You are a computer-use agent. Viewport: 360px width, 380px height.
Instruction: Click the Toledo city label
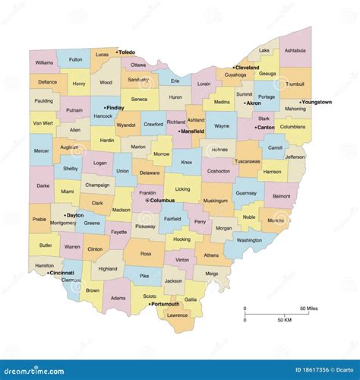coord(127,52)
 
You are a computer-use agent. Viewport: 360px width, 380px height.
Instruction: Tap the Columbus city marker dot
coord(147,200)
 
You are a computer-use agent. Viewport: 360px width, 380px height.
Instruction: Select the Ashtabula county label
coord(295,50)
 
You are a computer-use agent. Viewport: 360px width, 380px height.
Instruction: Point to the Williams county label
coord(44,62)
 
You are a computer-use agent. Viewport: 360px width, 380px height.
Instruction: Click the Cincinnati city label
coord(61,272)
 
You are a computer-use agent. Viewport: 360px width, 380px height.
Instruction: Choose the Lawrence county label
coord(177,315)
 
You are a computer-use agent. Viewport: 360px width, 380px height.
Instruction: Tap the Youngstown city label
coord(317,102)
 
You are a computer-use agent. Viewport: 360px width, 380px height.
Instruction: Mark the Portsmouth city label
coord(166,304)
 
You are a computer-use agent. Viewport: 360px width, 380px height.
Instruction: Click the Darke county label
coord(43,185)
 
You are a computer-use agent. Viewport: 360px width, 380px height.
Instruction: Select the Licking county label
coord(182,188)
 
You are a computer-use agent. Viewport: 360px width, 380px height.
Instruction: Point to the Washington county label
coord(248,240)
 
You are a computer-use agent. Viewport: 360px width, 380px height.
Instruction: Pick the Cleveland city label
coord(247,67)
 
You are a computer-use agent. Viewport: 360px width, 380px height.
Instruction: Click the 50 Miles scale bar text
coord(308,308)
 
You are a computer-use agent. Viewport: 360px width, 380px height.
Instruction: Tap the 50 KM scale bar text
coord(285,321)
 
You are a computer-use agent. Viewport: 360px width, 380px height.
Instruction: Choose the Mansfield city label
coord(196,131)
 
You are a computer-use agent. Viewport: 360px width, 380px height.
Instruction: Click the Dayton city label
coord(75,215)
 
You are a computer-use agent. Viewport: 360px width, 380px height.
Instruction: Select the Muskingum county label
coord(215,201)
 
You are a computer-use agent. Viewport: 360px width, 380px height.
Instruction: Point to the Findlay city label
coord(115,108)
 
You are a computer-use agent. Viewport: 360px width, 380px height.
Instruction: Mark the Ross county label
coord(146,253)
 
